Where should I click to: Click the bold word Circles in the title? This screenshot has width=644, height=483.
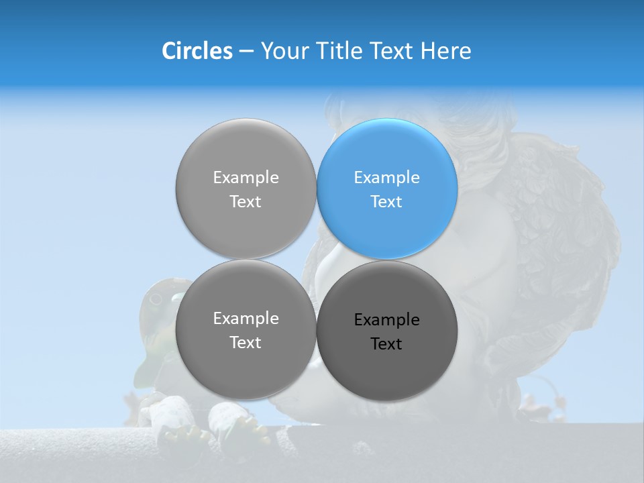[x=197, y=51]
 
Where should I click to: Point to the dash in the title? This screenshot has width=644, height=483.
[x=246, y=52]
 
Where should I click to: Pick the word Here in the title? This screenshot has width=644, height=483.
[x=446, y=51]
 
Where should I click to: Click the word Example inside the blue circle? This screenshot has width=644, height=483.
[x=386, y=178]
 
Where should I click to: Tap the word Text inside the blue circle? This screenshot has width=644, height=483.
[x=386, y=202]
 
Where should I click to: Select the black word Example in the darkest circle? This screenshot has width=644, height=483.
[x=386, y=320]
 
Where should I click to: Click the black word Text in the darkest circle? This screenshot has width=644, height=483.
[x=386, y=344]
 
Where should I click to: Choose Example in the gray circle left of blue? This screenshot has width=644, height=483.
[x=246, y=178]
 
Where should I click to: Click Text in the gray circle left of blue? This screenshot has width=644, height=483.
[x=246, y=202]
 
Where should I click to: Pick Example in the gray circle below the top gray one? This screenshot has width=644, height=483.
[x=246, y=319]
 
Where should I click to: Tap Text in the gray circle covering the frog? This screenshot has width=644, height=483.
[x=246, y=343]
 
